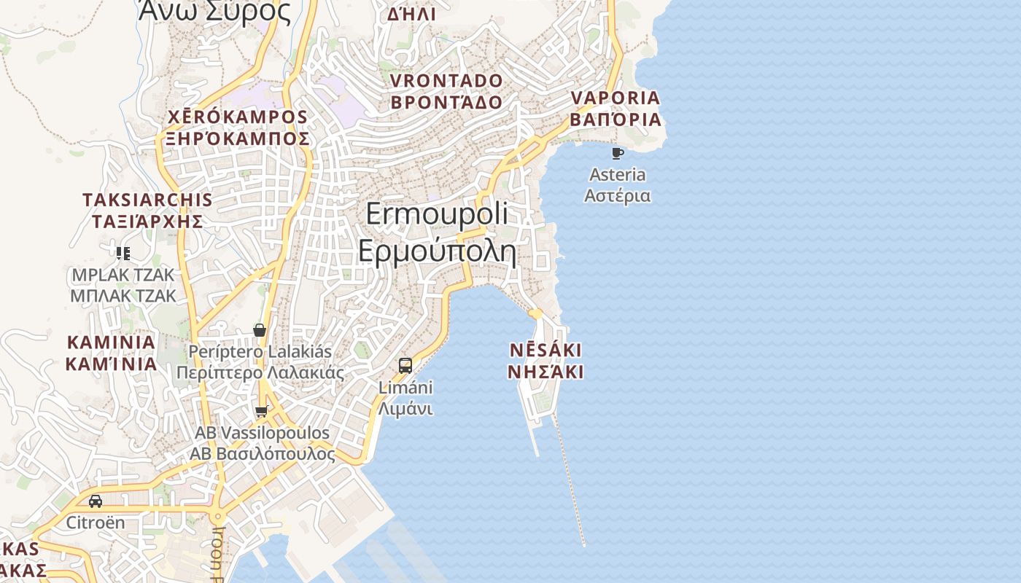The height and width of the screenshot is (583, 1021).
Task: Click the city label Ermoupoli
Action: [x=437, y=214]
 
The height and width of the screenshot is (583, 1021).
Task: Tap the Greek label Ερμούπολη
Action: [x=437, y=251]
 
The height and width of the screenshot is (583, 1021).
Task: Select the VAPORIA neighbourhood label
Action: [x=615, y=98]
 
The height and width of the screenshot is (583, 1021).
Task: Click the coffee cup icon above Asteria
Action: [x=618, y=153]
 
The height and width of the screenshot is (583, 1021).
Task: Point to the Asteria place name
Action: [x=618, y=175]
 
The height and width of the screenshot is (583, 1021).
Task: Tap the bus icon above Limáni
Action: [x=405, y=366]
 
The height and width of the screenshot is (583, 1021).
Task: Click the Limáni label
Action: [x=405, y=388]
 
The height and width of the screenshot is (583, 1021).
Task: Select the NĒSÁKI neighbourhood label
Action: [x=546, y=351]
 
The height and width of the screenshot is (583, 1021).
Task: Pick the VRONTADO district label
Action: [x=446, y=80]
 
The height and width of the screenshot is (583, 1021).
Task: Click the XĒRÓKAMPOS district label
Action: [x=238, y=117]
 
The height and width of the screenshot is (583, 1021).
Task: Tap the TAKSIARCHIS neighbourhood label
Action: [x=147, y=200]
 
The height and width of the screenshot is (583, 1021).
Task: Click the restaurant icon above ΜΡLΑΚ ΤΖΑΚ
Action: [x=123, y=254]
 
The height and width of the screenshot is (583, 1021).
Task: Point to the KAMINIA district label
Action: [x=111, y=343]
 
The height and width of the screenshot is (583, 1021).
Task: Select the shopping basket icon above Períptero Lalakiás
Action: [x=259, y=330]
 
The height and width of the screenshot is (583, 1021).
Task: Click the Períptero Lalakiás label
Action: [x=260, y=352]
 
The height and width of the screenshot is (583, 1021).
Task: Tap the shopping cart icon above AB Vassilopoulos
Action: [x=262, y=412]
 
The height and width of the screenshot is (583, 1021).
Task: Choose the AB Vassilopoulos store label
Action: [x=262, y=433]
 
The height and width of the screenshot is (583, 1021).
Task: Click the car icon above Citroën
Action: [x=96, y=501]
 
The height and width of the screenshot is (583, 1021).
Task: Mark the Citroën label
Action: [x=96, y=523]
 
